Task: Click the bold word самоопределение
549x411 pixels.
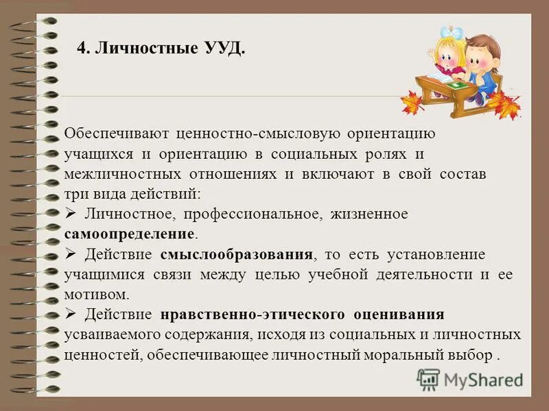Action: pos(129,234)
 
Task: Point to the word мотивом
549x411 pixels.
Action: pos(95,295)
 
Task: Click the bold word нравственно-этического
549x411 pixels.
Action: pos(252,315)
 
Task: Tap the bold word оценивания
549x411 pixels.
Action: pos(399,315)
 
